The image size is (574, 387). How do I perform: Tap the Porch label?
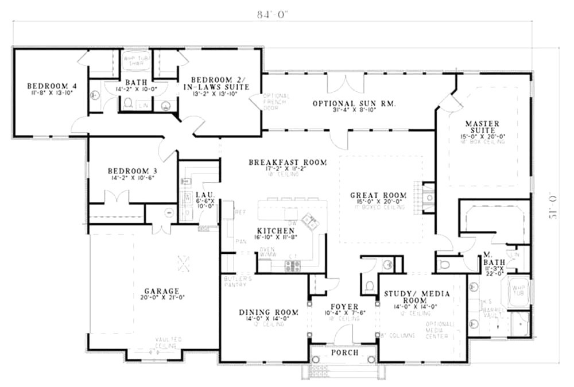tap(345, 352)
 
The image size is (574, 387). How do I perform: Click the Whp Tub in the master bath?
tap(519, 291)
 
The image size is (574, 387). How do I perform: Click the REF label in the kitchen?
tap(241, 212)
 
